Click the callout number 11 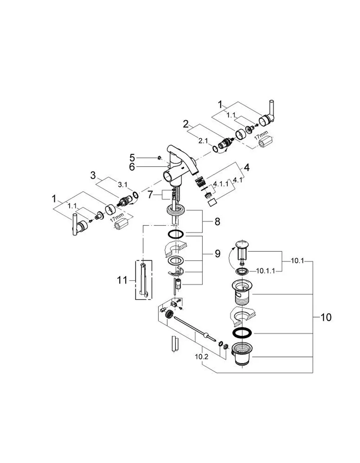click(x=122, y=280)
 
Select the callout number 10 click(x=326, y=317)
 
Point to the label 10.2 click(x=202, y=357)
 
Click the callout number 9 click(x=217, y=254)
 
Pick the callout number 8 click(x=217, y=222)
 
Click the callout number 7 click(x=150, y=195)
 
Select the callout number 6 click(x=132, y=167)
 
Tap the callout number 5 click(x=132, y=158)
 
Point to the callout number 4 click(x=246, y=168)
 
